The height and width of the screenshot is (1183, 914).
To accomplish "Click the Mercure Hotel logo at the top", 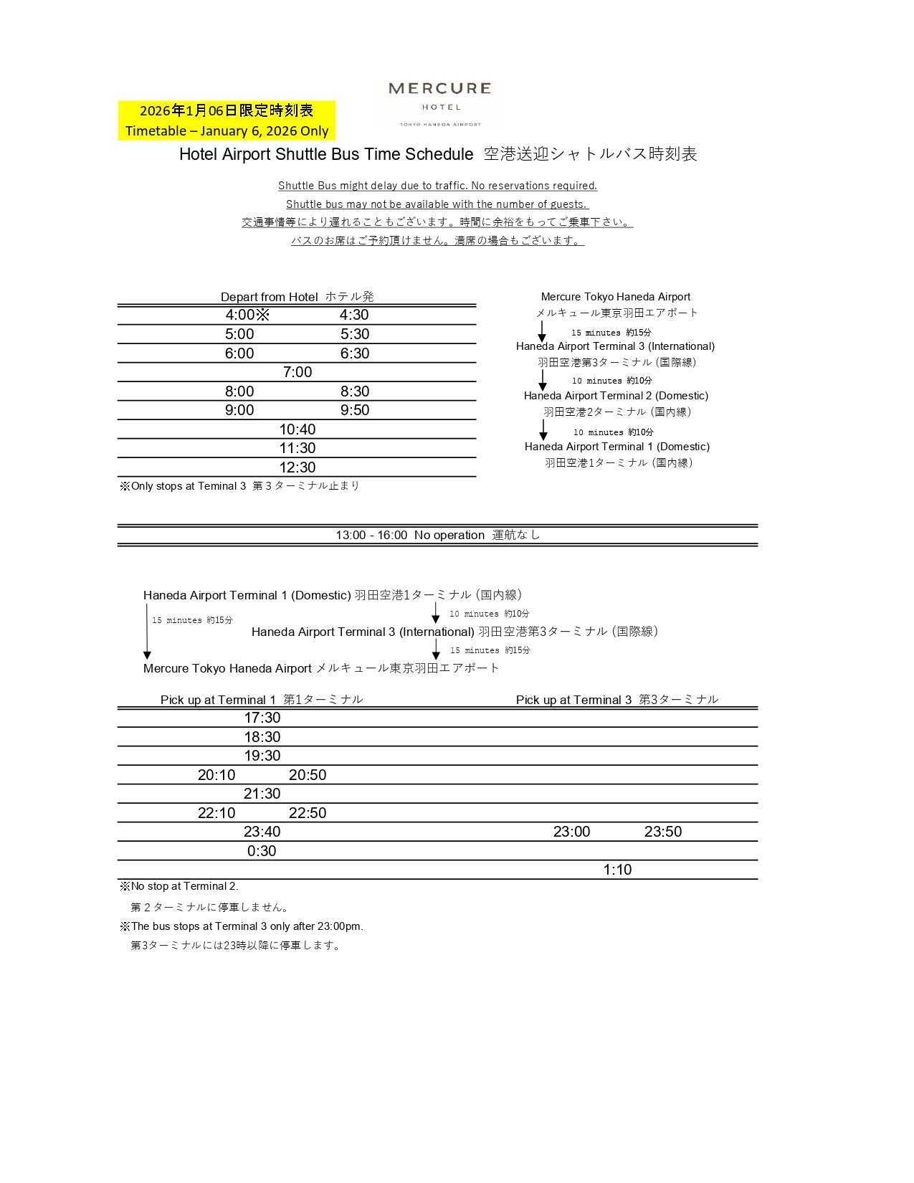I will [x=439, y=103].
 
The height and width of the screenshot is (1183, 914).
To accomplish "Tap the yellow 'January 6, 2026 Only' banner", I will [x=227, y=120].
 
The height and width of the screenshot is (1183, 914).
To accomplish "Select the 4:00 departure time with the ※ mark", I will [x=247, y=315].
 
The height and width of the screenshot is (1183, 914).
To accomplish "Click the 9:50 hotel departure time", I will [x=355, y=410].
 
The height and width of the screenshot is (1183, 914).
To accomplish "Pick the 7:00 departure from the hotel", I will [x=297, y=372].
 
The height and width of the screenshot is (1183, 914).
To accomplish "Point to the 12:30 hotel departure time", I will [x=297, y=467].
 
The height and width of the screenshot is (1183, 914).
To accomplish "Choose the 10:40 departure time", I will [x=297, y=429].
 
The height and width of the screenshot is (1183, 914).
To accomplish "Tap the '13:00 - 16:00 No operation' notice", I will [x=437, y=535].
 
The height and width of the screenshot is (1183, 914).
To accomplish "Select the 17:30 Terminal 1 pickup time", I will [x=262, y=718].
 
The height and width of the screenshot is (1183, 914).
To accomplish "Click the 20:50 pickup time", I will [x=308, y=775].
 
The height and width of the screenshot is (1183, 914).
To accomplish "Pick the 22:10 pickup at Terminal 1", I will [x=216, y=813].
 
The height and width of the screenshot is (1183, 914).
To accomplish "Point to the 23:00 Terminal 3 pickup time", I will [x=571, y=832].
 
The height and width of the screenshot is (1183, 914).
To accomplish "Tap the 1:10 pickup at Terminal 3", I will [x=617, y=870].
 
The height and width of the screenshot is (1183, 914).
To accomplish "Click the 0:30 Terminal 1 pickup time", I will [x=262, y=851].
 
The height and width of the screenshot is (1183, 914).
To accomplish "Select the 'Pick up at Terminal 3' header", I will [x=617, y=700].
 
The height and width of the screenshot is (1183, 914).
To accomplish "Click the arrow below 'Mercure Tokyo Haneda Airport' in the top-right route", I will [x=542, y=331].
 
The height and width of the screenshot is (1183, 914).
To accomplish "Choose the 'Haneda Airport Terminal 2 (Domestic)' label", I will [x=616, y=396].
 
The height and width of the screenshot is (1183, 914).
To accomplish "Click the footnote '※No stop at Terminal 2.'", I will [x=179, y=886].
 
